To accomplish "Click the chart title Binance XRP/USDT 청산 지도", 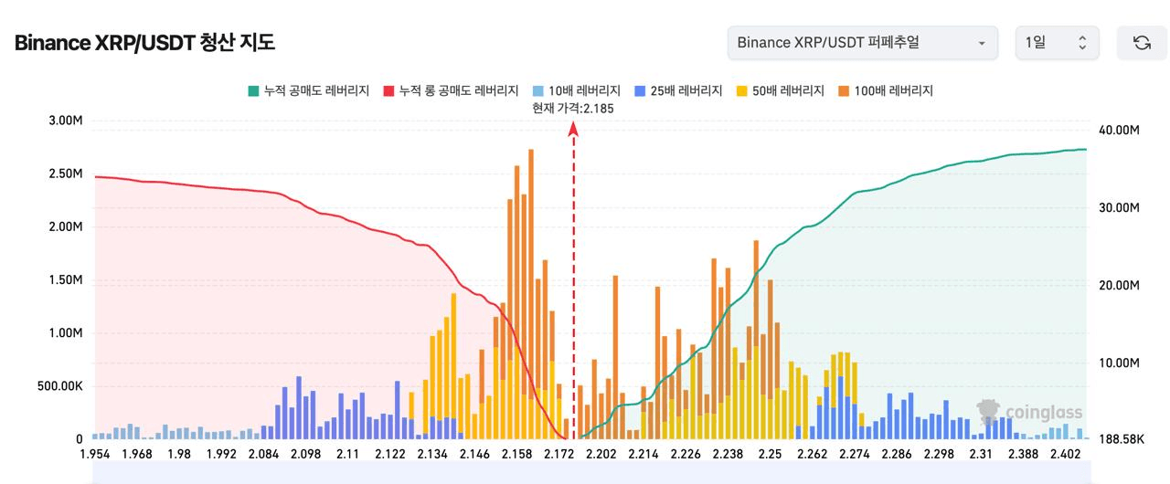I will click(144, 43).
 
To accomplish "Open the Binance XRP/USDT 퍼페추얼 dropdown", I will click(862, 43).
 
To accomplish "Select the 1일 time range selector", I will click(1057, 43).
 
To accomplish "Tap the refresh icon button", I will click(1142, 43).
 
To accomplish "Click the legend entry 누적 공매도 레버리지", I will click(308, 90).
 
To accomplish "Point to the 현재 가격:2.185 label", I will click(573, 108).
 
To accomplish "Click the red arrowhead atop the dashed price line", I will click(573, 130).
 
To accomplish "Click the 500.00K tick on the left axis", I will click(59, 386).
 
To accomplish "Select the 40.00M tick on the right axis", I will click(1119, 130).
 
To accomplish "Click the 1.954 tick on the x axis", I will click(95, 454).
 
